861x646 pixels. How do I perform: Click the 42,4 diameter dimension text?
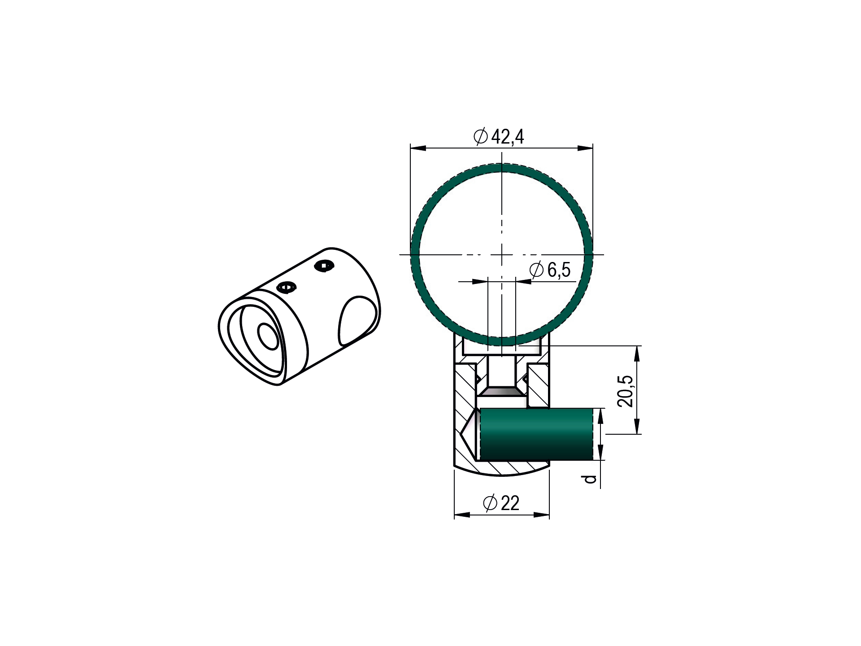click(508, 137)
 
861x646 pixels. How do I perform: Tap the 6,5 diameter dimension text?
click(559, 270)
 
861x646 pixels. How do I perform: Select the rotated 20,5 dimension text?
click(626, 391)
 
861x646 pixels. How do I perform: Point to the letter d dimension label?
click(591, 479)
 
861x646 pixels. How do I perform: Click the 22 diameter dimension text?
click(510, 503)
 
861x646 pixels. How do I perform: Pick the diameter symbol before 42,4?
click(481, 136)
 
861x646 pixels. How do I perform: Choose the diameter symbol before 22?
click(490, 503)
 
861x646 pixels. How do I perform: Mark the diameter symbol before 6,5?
click(536, 270)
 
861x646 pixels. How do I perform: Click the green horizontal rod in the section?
click(537, 434)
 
